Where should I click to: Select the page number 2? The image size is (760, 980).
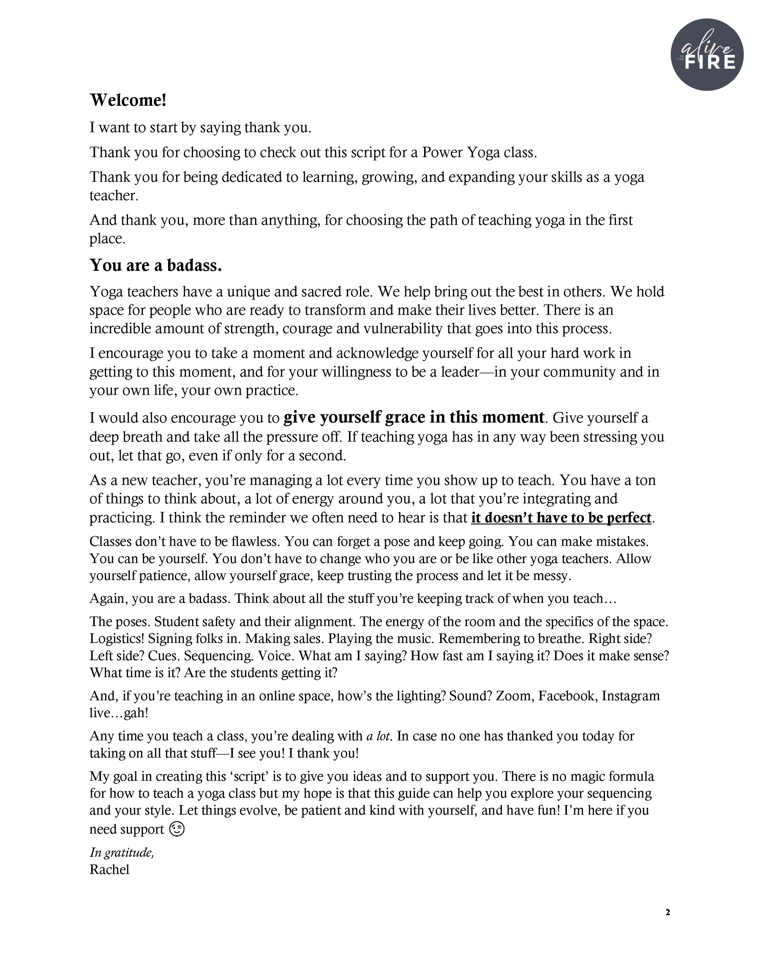click(668, 912)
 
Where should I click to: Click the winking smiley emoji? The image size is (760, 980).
click(177, 830)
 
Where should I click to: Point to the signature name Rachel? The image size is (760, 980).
click(109, 870)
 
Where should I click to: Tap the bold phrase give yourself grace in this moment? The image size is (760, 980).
click(414, 417)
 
